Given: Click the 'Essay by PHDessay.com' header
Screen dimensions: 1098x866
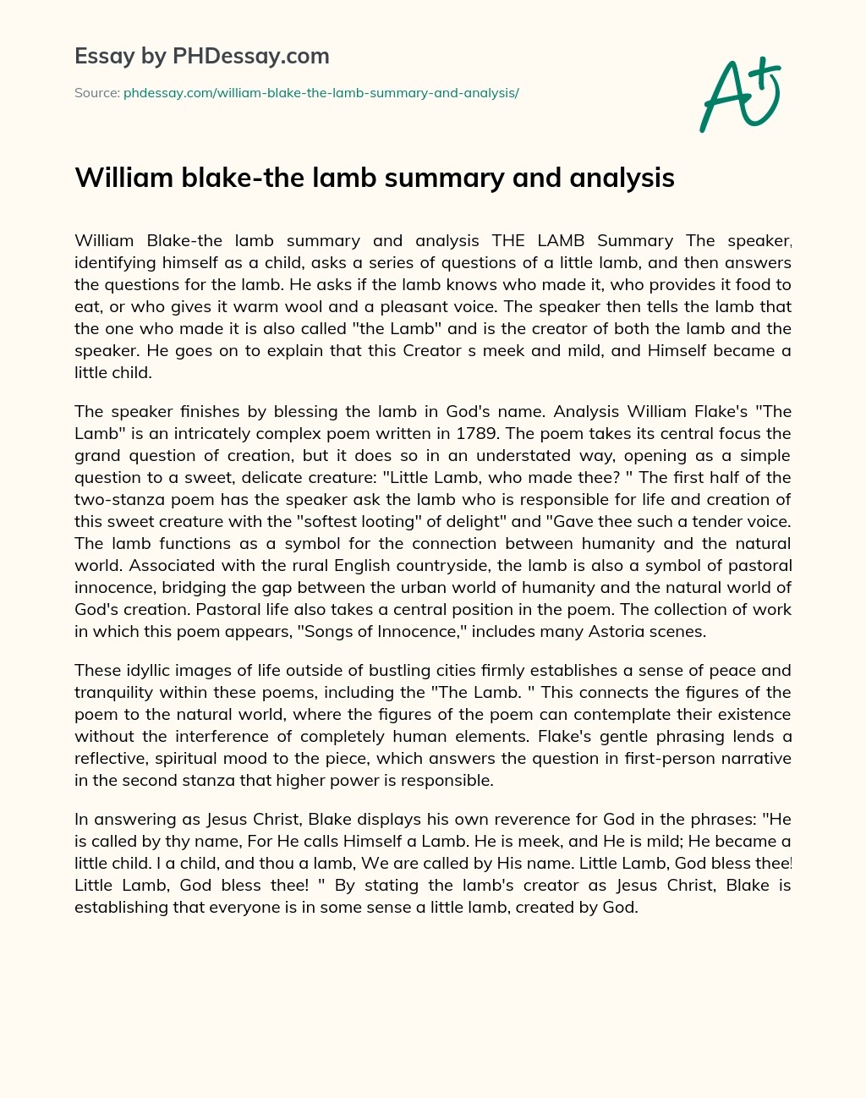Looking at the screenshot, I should [x=201, y=56].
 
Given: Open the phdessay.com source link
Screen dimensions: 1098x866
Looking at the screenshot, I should [x=321, y=93].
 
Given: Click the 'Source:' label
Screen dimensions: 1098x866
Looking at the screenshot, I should [x=96, y=93].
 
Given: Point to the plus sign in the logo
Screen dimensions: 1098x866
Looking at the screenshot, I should [x=765, y=72].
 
